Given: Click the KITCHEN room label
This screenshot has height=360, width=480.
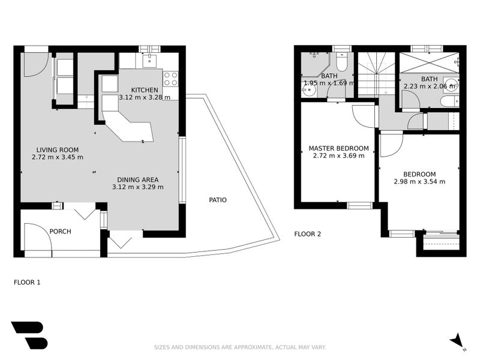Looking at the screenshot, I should (145, 90).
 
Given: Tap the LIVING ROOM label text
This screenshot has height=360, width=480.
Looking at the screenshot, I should (57, 150).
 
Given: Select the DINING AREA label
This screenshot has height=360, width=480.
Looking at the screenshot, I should (137, 179).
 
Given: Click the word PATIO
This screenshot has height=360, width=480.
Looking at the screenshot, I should (218, 200).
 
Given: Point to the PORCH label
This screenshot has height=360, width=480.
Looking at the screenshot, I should (60, 231).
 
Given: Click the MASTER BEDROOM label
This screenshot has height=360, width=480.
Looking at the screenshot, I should (338, 148).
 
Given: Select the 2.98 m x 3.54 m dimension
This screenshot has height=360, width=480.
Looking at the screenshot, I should (419, 182).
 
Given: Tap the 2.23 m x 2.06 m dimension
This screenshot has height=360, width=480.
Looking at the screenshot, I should (429, 86).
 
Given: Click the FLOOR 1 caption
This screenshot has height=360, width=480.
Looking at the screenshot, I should (27, 281).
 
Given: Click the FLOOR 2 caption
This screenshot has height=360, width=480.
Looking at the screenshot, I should (307, 234).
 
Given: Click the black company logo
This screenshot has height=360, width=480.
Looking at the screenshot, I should (28, 335).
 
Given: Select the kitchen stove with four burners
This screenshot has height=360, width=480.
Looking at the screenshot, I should (170, 79).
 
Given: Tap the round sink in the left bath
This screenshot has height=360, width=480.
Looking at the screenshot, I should (308, 91).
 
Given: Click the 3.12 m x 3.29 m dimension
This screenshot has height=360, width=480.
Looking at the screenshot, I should (137, 187).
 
